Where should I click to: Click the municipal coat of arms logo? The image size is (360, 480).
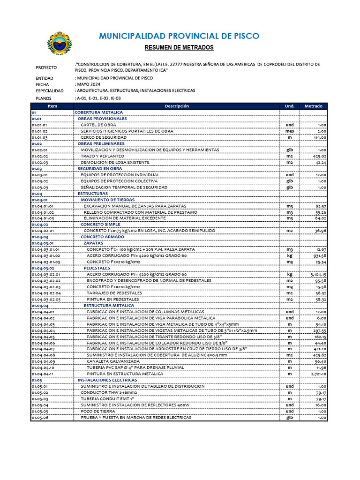pos(60,43)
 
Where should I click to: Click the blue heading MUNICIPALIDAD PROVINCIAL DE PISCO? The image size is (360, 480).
pos(179,37)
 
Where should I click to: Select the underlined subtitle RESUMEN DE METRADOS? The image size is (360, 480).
pos(179,48)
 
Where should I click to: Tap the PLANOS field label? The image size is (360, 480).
pos(44,98)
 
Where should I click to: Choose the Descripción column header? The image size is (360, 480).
pos(177,106)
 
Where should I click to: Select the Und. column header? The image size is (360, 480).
pos(290,106)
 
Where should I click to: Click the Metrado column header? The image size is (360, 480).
pos(314,106)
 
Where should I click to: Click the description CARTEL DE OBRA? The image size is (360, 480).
pos(98,125)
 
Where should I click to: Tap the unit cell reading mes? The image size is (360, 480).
pos(290,131)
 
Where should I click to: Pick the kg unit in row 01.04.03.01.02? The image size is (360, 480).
pos(290,255)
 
